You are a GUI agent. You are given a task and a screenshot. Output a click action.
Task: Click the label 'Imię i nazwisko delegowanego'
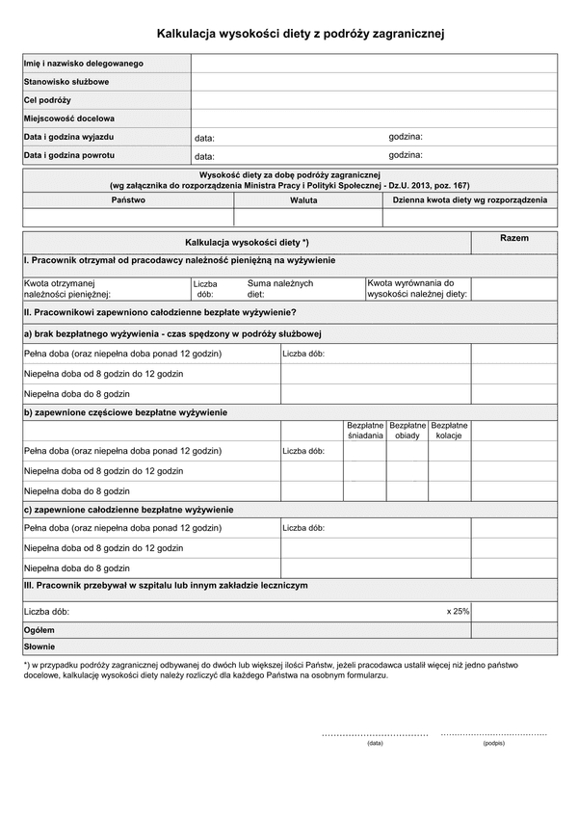pos(84,64)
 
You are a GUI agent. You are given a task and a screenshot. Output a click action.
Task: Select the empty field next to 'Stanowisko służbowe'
pos(374,82)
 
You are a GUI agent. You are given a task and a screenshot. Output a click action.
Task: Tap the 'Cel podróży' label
pos(48,100)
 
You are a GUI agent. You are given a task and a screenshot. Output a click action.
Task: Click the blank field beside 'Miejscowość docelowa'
pos(374,119)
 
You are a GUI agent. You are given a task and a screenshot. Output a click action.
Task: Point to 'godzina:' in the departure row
pos(406,137)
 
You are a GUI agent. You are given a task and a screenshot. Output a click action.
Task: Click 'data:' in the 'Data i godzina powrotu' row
pos(204,156)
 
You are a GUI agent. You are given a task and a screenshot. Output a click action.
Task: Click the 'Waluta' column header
pos(303,199)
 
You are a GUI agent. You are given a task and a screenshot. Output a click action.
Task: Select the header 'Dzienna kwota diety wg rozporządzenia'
pos(470,199)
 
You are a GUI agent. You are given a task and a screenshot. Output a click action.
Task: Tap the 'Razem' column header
pos(514,238)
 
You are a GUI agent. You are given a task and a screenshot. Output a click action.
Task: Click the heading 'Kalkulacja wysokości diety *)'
pos(247,242)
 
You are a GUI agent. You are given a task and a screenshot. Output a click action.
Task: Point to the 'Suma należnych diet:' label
pos(279,289)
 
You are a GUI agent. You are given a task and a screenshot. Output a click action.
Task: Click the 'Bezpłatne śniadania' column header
pos(365,430)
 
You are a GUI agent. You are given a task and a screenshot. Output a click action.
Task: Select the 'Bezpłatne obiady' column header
pos(407,430)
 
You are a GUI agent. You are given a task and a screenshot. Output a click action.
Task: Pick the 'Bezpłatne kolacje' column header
pos(450,430)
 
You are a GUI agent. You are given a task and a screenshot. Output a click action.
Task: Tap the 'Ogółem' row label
pos(39,628)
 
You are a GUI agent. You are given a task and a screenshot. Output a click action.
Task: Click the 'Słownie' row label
pos(39,646)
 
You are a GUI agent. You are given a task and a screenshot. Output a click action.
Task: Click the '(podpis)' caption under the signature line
pos(493,744)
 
